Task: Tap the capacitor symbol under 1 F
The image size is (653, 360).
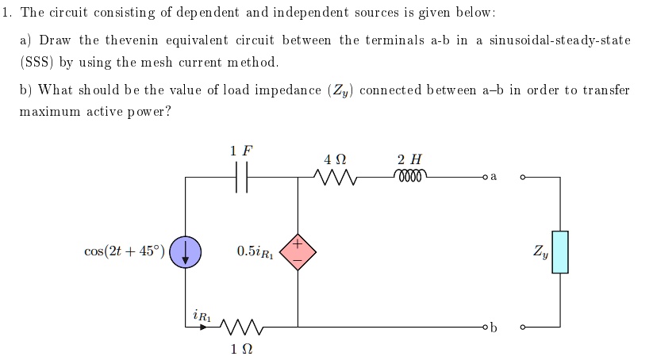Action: (x=242, y=181)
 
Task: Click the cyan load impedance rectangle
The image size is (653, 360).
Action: (x=560, y=252)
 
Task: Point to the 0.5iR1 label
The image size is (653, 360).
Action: (x=254, y=252)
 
